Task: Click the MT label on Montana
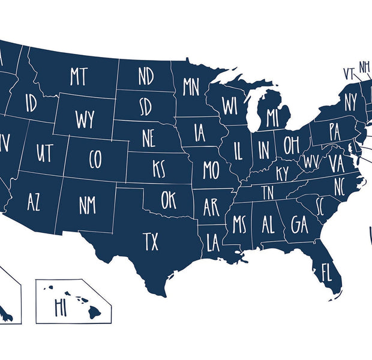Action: click(79, 76)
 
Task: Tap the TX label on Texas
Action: click(151, 242)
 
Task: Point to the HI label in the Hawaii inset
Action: click(60, 307)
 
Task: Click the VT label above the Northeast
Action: click(349, 73)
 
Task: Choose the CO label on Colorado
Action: click(95, 159)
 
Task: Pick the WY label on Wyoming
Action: click(85, 119)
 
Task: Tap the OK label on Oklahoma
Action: click(169, 200)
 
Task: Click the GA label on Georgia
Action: click(299, 224)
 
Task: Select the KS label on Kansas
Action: click(159, 169)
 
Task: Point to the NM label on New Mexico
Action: click(87, 205)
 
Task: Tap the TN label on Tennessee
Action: click(267, 193)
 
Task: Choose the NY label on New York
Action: click(350, 103)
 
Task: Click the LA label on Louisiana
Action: click(213, 243)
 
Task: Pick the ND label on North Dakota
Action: click(146, 76)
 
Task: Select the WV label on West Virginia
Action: click(311, 161)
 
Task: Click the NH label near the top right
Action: click(364, 66)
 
